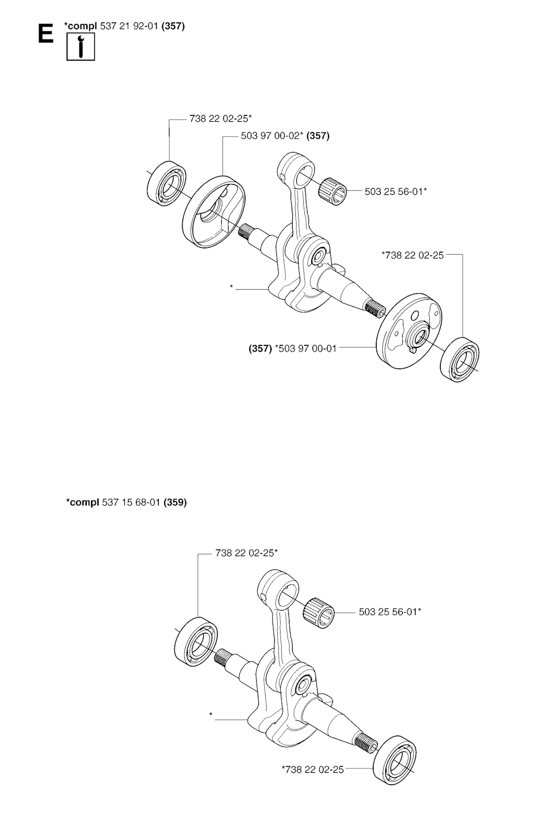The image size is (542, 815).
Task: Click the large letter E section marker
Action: (46, 34)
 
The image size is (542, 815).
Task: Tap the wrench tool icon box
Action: (80, 46)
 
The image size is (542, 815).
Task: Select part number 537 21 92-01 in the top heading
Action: (129, 26)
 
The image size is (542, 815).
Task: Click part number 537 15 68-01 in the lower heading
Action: (131, 502)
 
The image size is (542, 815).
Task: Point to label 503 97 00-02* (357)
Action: (285, 136)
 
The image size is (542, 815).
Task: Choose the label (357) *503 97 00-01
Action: (293, 348)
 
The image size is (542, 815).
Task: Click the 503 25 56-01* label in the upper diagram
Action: (395, 191)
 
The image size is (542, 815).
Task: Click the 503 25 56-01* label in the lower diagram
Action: (390, 612)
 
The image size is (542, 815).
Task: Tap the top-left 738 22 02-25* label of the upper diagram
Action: (220, 119)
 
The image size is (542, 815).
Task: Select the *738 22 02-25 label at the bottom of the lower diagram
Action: (312, 769)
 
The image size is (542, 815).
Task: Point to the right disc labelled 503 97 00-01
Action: (409, 331)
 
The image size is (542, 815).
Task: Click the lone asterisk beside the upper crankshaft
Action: (231, 286)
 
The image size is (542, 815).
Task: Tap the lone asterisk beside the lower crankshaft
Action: (211, 714)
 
